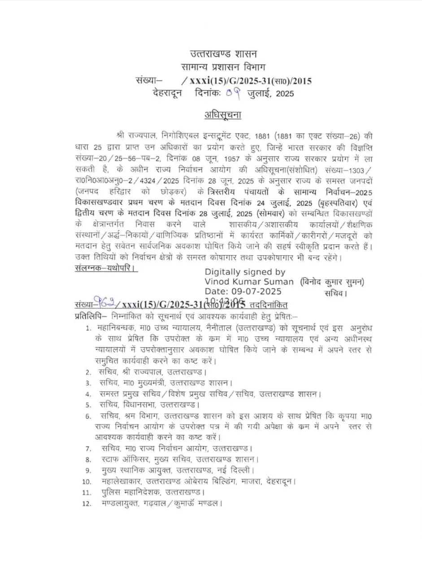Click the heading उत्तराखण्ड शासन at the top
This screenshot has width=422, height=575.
223,54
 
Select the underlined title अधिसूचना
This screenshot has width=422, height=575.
222,115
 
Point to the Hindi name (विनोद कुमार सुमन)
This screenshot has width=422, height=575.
332,282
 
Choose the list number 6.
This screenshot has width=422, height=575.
88,416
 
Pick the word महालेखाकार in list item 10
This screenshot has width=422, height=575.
121,481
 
